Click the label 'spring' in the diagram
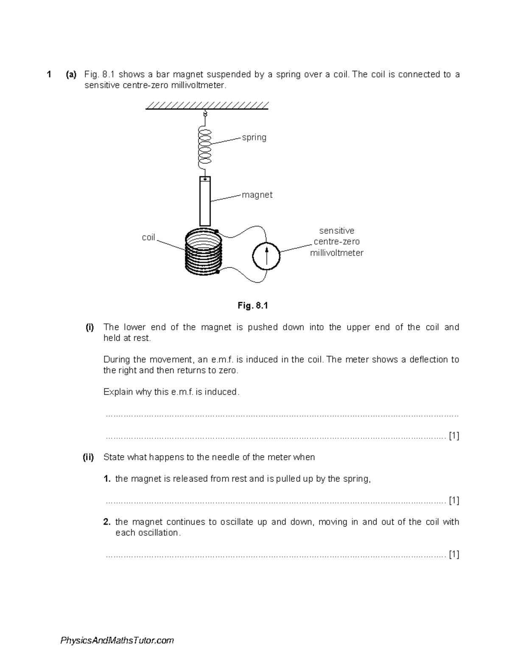click(254, 137)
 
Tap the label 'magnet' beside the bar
click(257, 195)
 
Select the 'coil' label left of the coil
click(148, 238)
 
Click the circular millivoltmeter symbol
click(266, 256)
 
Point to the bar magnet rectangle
click(205, 202)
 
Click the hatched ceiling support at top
click(207, 106)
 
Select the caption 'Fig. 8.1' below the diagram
click(253, 306)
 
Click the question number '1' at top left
click(49, 75)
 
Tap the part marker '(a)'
click(71, 75)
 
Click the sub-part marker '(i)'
click(89, 327)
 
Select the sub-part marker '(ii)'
click(88, 457)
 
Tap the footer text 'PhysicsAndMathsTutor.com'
click(117, 641)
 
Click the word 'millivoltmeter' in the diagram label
click(336, 253)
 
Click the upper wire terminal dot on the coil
click(216, 231)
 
